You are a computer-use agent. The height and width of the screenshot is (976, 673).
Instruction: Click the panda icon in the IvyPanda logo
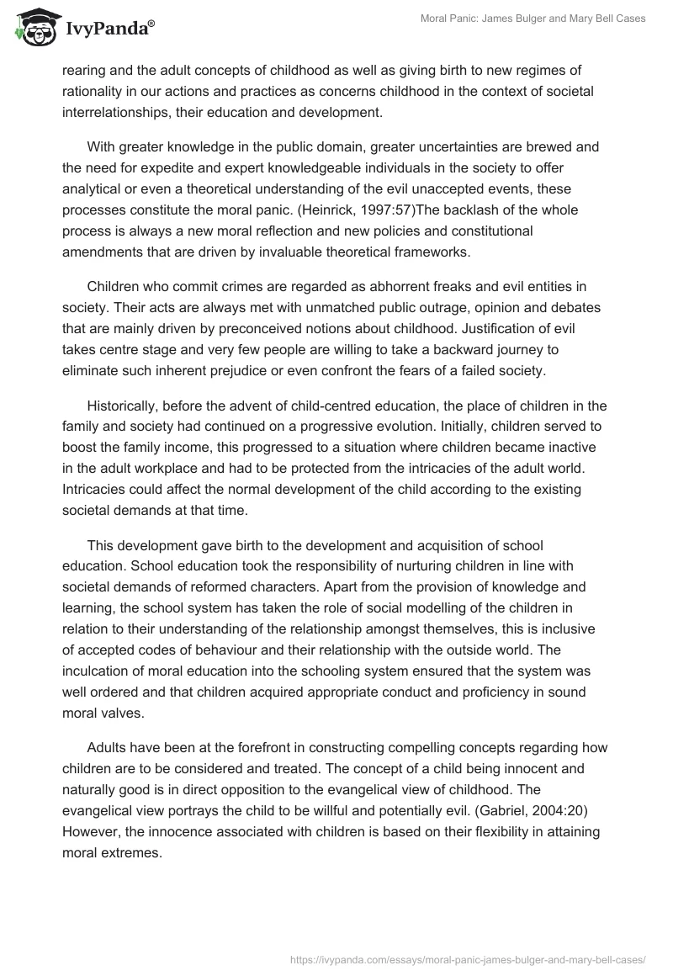click(x=30, y=28)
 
